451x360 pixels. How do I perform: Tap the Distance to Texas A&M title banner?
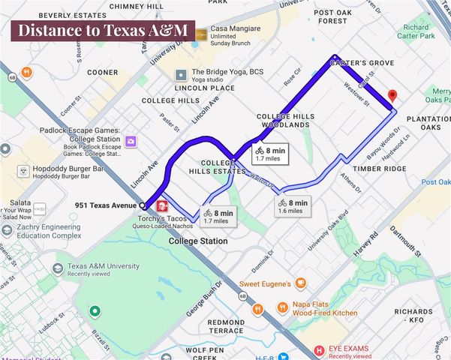tap(102, 31)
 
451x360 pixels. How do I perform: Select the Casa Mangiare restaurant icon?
tap(201, 34)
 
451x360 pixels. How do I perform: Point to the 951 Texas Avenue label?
tap(105, 205)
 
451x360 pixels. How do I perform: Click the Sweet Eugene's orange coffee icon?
tap(301, 283)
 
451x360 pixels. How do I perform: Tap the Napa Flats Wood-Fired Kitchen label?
tap(323, 307)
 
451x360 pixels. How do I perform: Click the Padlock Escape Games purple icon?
tap(131, 141)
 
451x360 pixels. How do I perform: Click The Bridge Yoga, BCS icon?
tap(181, 75)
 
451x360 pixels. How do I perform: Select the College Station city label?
tap(199, 241)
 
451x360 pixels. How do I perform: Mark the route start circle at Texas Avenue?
tap(143, 205)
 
